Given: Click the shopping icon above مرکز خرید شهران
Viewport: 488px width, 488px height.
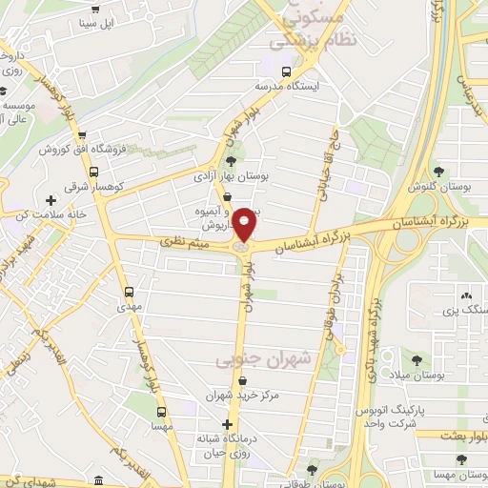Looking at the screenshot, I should point(247,381).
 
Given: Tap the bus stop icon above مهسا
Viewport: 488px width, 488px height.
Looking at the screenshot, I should point(162,413).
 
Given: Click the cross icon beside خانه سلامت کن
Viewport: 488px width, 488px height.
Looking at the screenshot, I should point(51,200).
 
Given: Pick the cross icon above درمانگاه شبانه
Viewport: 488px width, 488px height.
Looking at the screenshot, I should point(227,424).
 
